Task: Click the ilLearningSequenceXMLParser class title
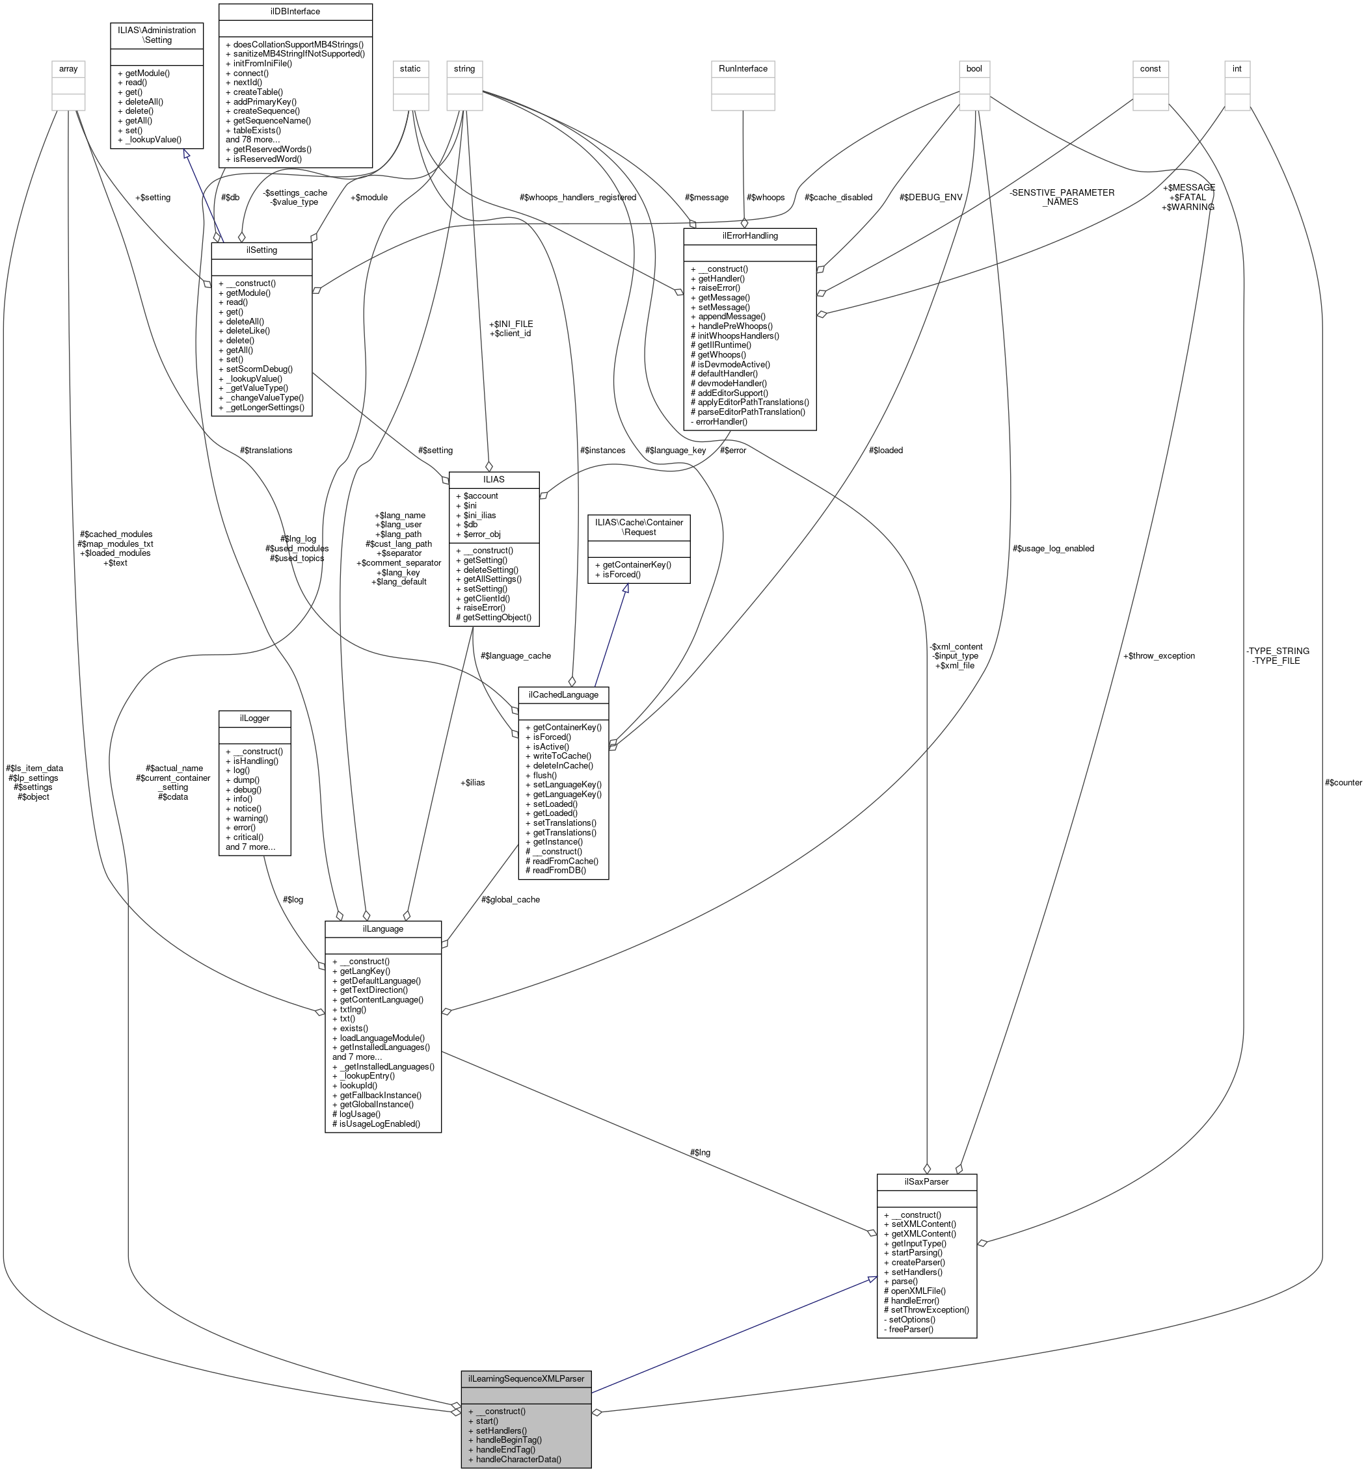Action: point(526,1378)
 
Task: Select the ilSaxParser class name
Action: point(926,1181)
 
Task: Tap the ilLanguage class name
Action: point(383,929)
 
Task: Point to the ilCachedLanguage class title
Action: point(563,694)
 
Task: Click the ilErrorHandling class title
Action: point(749,236)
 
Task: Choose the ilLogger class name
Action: point(254,718)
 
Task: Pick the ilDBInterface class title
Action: point(295,12)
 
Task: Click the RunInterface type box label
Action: point(743,69)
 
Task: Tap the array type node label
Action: point(68,69)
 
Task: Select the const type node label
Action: point(1150,69)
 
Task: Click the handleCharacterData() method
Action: point(518,1460)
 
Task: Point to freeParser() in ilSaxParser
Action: point(911,1330)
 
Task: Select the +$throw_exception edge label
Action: point(1158,655)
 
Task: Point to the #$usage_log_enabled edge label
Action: point(1053,548)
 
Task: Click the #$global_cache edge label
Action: point(510,899)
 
